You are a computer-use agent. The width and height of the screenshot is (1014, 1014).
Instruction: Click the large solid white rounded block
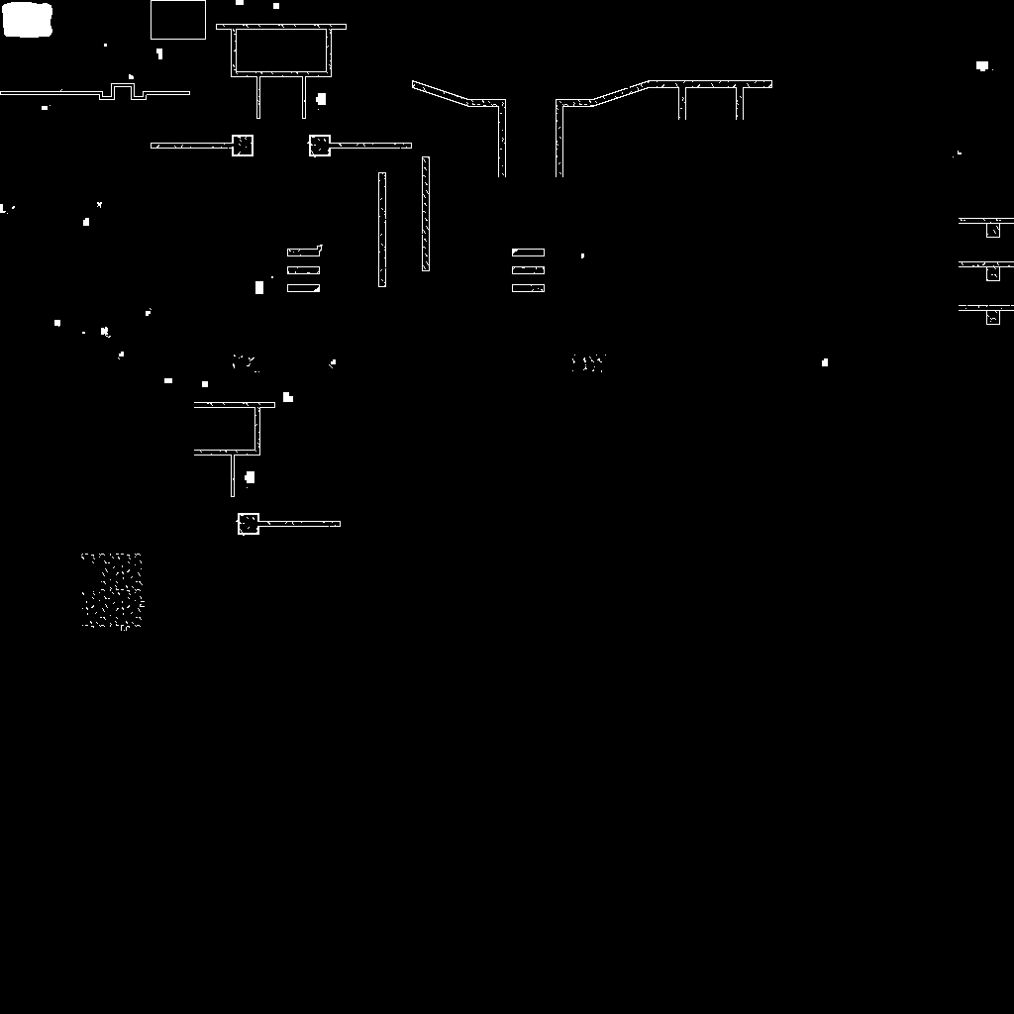click(x=27, y=20)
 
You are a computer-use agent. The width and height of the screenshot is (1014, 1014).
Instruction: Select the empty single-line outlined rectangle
click(x=178, y=20)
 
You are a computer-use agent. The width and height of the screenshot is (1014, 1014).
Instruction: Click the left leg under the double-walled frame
click(x=258, y=97)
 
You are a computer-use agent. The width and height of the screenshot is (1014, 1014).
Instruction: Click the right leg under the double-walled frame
click(x=304, y=97)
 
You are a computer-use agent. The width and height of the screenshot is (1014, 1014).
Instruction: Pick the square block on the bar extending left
click(x=243, y=146)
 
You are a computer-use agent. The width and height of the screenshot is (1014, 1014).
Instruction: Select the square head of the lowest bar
click(x=248, y=524)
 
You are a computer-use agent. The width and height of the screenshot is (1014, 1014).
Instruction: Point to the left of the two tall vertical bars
click(x=382, y=230)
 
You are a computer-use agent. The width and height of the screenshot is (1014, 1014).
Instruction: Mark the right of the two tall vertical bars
click(x=426, y=214)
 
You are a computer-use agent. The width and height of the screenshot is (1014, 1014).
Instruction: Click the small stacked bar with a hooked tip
click(x=304, y=252)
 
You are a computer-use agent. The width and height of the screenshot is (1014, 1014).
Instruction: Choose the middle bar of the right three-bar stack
click(x=528, y=270)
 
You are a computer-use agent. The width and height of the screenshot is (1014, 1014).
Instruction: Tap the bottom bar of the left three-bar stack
click(x=303, y=288)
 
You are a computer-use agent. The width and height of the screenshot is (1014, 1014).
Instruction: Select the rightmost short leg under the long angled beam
click(x=739, y=103)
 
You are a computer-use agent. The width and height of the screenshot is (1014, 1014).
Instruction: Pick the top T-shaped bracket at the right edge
click(x=991, y=225)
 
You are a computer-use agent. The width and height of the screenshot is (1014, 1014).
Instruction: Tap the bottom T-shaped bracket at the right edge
click(x=991, y=312)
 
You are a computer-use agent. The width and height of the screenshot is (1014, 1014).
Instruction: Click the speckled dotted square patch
click(x=112, y=591)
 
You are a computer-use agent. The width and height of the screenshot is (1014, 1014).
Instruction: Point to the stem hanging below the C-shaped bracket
click(x=233, y=475)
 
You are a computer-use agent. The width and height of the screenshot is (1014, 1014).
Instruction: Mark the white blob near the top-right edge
click(x=982, y=66)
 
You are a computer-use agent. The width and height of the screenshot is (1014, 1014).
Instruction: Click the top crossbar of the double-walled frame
click(x=281, y=27)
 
